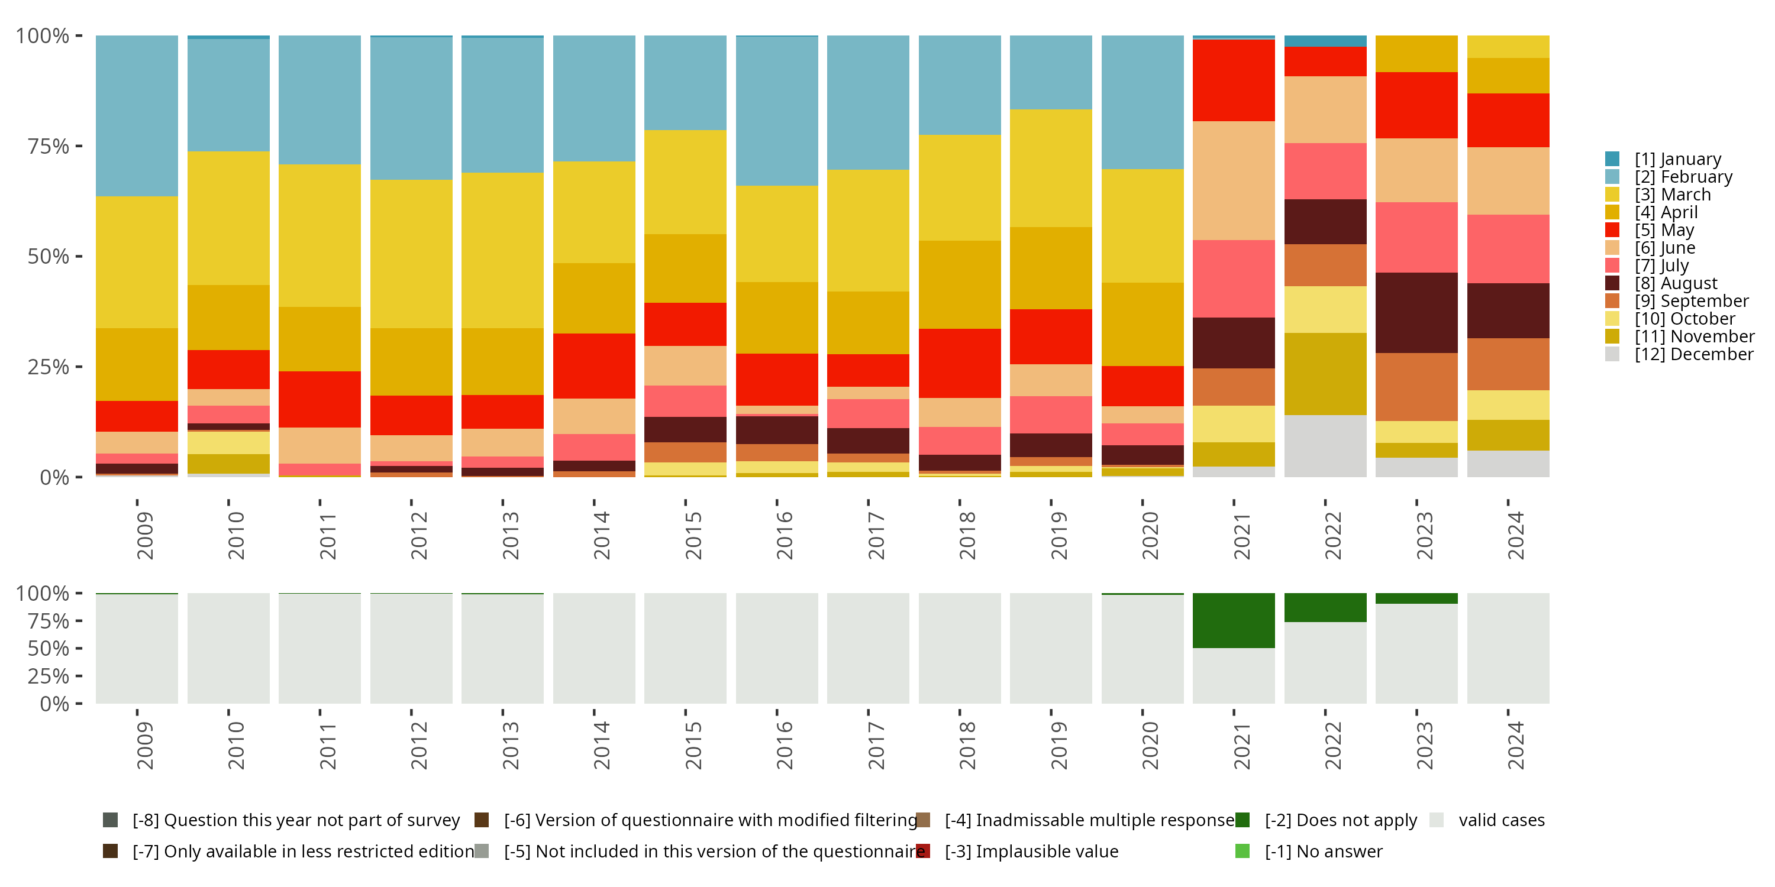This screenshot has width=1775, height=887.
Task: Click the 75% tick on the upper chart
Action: click(x=49, y=146)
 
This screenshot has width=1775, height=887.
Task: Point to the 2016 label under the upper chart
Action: click(x=784, y=535)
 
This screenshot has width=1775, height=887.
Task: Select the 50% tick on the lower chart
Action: click(x=49, y=648)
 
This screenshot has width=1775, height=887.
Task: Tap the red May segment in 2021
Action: click(x=1234, y=80)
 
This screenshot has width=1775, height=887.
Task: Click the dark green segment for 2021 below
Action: click(x=1234, y=620)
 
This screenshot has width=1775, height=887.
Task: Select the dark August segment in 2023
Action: click(x=1416, y=313)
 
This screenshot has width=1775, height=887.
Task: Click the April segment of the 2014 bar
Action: click(x=594, y=297)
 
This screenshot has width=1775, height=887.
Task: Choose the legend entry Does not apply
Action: click(x=1340, y=820)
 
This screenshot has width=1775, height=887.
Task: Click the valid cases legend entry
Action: click(x=1500, y=820)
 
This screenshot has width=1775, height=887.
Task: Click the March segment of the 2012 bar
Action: click(x=411, y=254)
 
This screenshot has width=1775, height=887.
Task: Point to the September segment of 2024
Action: click(x=1508, y=364)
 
